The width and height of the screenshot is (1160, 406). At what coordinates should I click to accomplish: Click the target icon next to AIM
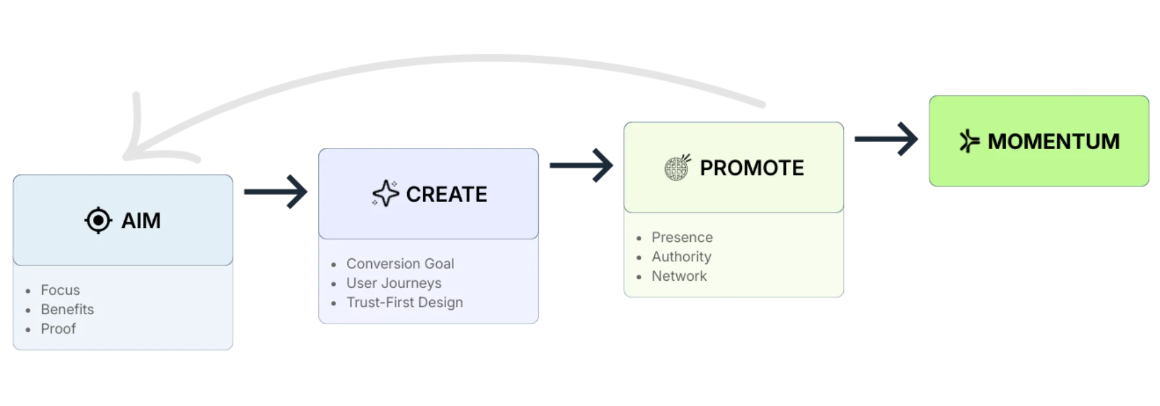(x=98, y=221)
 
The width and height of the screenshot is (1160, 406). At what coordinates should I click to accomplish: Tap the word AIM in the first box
(x=141, y=221)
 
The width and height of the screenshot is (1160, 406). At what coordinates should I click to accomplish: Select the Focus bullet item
(x=60, y=290)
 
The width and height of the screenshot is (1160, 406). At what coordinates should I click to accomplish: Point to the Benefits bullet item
(x=67, y=309)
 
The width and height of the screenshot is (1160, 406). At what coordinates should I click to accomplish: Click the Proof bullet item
(x=58, y=328)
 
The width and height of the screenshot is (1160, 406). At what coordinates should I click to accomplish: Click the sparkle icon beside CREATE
(x=386, y=194)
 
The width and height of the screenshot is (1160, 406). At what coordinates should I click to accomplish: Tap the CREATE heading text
(x=447, y=194)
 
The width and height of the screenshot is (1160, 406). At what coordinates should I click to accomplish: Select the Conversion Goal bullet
(x=400, y=263)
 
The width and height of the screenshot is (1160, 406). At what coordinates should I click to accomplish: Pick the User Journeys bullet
(x=394, y=283)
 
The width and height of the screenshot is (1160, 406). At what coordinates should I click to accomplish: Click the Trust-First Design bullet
(x=405, y=302)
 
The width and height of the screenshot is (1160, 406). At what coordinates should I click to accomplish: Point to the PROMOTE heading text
(x=752, y=168)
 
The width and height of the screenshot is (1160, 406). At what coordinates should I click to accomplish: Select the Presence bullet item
(x=682, y=237)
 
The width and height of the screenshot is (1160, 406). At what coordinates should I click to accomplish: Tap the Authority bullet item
(x=681, y=256)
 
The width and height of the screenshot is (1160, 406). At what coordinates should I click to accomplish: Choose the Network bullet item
(x=679, y=276)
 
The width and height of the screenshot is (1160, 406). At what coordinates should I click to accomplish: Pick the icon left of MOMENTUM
(x=969, y=142)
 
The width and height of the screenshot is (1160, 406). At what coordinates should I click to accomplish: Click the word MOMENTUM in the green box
(x=1053, y=142)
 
